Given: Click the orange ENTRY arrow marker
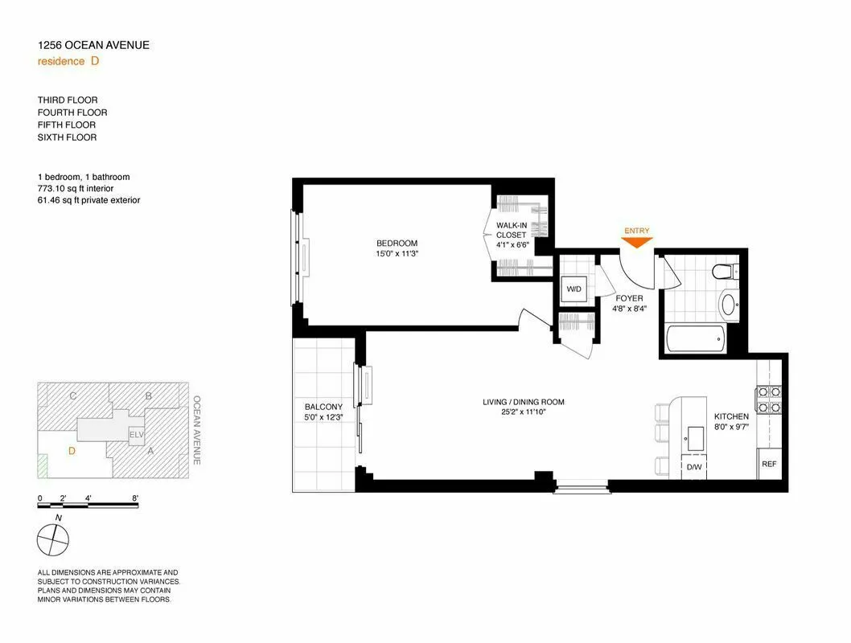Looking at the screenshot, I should tap(636, 243).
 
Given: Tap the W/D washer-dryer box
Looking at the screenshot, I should tap(574, 289).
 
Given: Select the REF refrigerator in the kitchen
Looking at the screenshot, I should tap(769, 464).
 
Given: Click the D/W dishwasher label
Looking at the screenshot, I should tap(693, 466).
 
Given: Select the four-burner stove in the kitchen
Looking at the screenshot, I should tap(768, 399).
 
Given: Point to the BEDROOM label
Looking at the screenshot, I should tap(397, 244).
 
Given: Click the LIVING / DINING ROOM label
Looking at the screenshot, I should tap(523, 402).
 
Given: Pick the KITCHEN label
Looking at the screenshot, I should tap(731, 416).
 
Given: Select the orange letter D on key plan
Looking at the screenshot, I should tap(72, 451).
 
